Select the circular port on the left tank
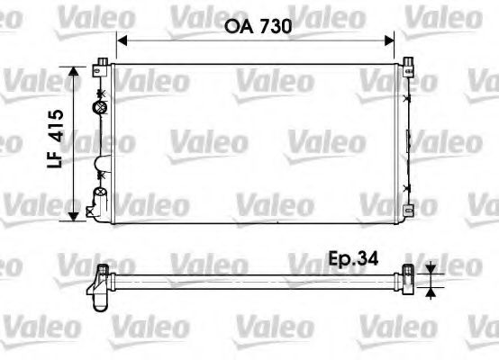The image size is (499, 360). (x=101, y=109)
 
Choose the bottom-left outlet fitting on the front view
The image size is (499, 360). (x=93, y=210)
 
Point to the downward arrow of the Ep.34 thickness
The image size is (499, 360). (x=431, y=267)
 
